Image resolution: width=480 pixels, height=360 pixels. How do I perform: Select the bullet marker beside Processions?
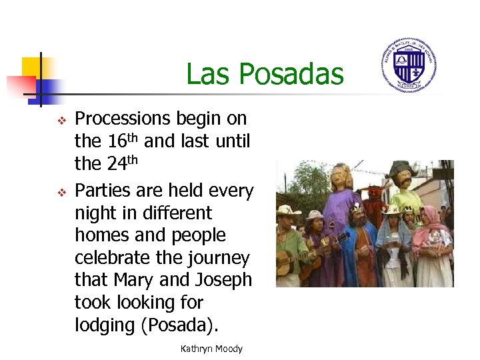[60, 121]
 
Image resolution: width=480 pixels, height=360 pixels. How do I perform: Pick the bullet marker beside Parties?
[60, 193]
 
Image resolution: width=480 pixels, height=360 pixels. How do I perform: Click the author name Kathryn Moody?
[211, 349]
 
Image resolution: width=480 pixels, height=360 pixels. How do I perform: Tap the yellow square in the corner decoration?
[32, 67]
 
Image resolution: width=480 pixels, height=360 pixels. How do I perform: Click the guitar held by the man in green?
[293, 260]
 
